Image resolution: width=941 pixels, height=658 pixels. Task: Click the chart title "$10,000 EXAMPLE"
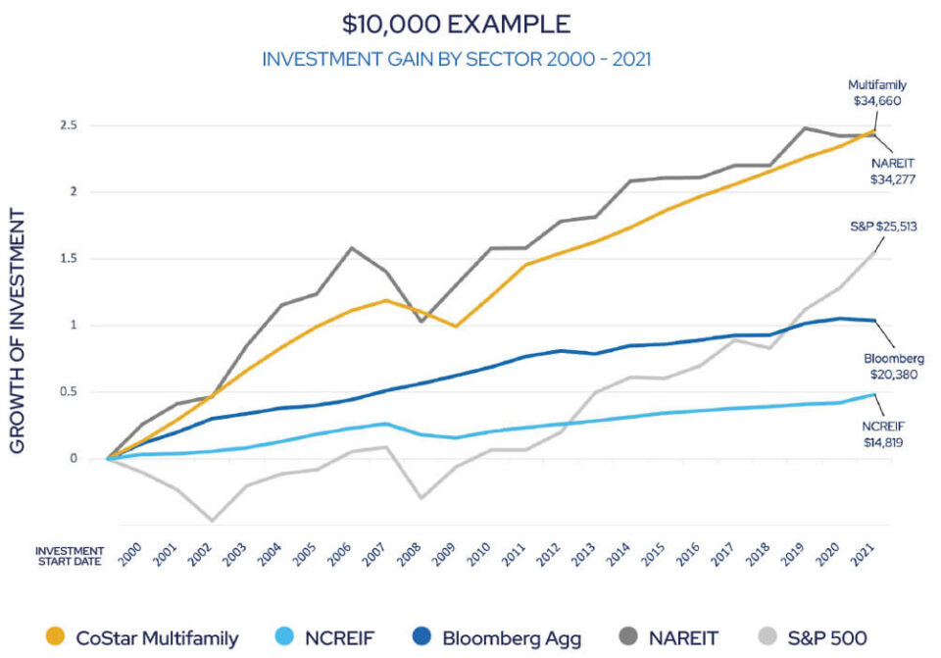457,24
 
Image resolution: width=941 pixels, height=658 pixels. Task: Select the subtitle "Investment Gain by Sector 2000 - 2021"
457,60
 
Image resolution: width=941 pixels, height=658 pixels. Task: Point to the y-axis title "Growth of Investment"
19,329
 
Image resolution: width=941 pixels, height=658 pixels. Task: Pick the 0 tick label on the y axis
74,459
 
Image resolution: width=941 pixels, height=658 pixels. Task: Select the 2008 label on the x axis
410,555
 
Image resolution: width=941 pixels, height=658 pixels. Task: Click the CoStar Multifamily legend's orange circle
56,638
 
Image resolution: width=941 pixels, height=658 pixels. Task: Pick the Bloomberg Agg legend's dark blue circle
421,638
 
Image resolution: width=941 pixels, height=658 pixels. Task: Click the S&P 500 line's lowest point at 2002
212,521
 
